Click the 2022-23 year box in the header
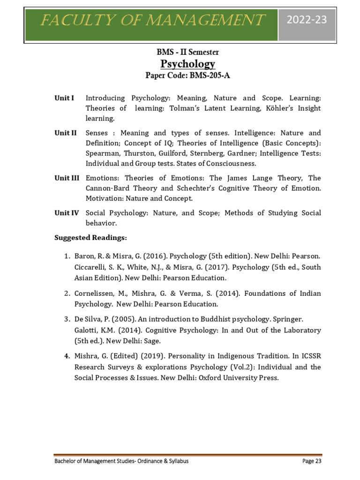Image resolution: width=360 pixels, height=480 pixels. (x=307, y=20)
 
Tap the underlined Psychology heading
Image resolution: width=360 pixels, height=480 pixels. (x=181, y=64)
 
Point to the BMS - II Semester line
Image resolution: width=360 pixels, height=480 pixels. (x=181, y=52)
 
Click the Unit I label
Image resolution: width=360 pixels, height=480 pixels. (x=64, y=98)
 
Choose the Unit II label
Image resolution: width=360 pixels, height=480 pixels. (x=65, y=133)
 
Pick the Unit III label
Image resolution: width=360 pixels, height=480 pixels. (x=67, y=178)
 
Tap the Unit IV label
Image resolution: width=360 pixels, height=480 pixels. (x=67, y=213)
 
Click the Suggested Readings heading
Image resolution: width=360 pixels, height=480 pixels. (x=90, y=238)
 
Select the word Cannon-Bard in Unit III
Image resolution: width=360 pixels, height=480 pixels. (x=106, y=188)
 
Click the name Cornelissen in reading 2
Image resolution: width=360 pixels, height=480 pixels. (x=95, y=293)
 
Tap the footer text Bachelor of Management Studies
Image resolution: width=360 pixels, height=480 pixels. (x=94, y=461)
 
